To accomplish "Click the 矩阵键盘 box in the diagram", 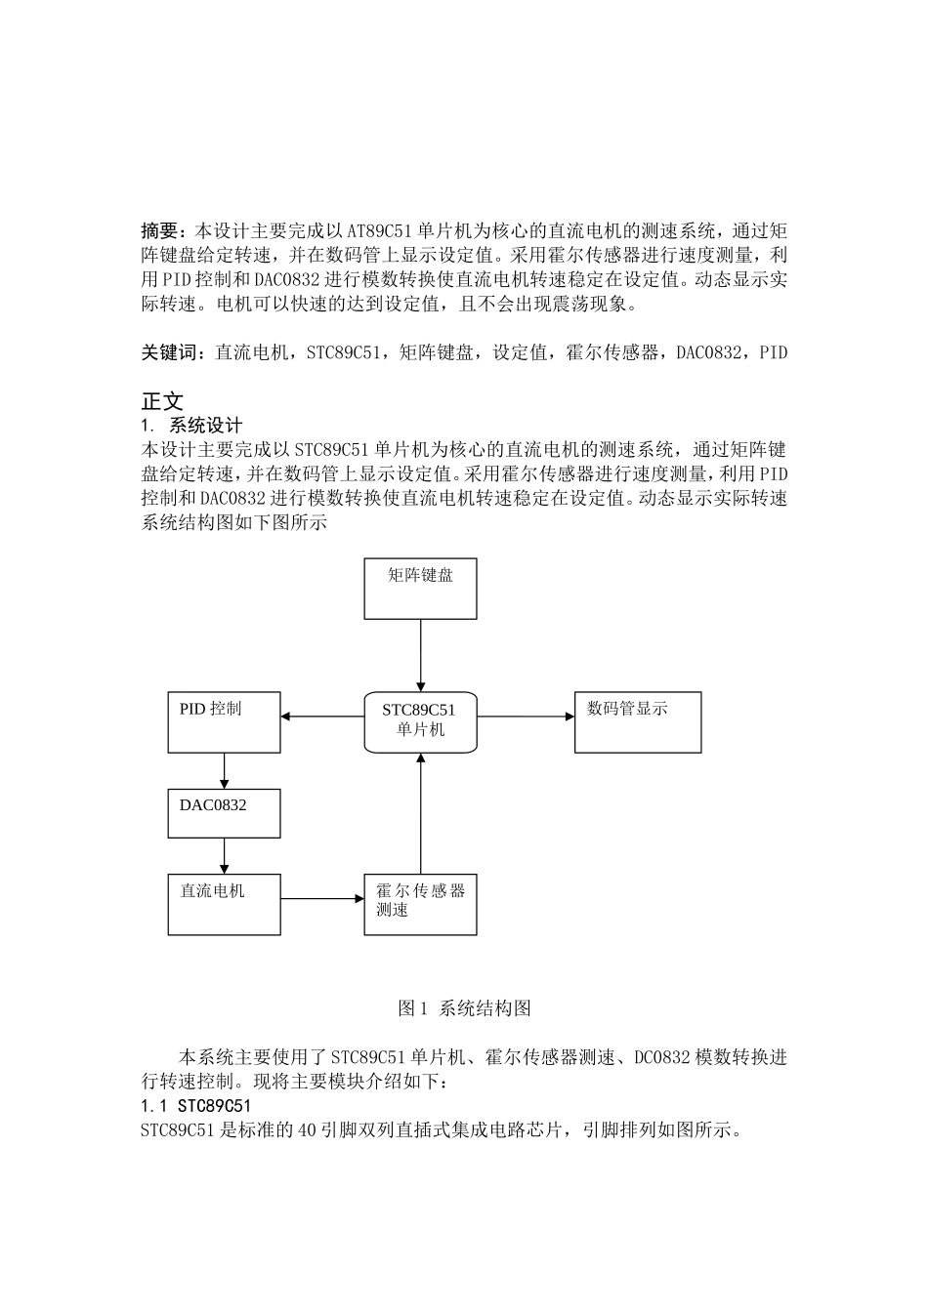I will [420, 589].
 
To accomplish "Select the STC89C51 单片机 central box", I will [420, 722].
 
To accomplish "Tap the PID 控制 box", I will [224, 722].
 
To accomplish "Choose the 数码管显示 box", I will [637, 722].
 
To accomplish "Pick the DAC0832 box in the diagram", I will [224, 813].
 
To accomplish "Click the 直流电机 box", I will [224, 904].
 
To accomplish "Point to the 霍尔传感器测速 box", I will [420, 904].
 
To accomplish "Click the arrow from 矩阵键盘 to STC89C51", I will [421, 655].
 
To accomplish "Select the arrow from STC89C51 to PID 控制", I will [322, 717].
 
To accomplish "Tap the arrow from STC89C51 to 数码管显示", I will [526, 717].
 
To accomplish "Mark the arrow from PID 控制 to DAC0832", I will [225, 770].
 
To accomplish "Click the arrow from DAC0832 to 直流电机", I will [225, 855].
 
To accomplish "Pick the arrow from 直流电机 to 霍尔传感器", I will [322, 898].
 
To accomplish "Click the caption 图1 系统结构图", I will [464, 1008].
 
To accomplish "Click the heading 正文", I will [162, 401].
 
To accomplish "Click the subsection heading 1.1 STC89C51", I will [195, 1106].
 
